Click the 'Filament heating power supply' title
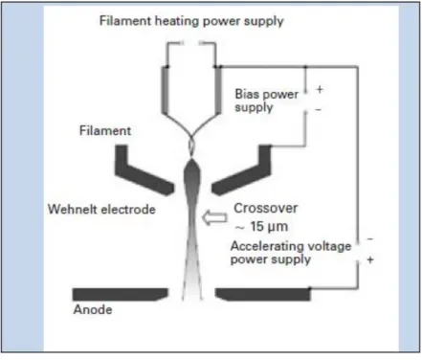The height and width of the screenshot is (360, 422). pyautogui.click(x=191, y=21)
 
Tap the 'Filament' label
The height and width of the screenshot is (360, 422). pyautogui.click(x=105, y=130)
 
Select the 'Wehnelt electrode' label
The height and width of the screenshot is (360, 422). pyautogui.click(x=101, y=210)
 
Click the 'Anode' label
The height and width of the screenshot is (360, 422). pyautogui.click(x=93, y=309)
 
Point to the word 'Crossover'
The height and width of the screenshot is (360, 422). pyautogui.click(x=266, y=208)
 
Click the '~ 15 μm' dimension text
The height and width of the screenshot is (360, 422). pyautogui.click(x=261, y=226)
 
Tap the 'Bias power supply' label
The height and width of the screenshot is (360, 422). pyautogui.click(x=267, y=101)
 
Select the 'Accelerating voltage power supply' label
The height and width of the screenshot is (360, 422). pyautogui.click(x=291, y=253)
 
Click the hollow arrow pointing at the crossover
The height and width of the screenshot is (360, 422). pyautogui.click(x=214, y=217)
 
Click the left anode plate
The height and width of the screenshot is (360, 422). pyautogui.click(x=120, y=294)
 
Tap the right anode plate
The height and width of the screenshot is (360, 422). pyautogui.click(x=263, y=294)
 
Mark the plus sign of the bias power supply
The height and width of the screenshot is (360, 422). pyautogui.click(x=320, y=89)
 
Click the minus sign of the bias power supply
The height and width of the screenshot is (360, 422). pyautogui.click(x=319, y=109)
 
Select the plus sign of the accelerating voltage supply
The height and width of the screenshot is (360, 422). pyautogui.click(x=370, y=259)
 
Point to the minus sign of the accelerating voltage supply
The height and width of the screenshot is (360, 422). pyautogui.click(x=370, y=238)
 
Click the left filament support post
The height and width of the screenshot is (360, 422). pyautogui.click(x=166, y=90)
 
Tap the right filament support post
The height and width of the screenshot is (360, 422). pyautogui.click(x=218, y=90)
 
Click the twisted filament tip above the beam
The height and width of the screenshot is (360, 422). pyautogui.click(x=191, y=141)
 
